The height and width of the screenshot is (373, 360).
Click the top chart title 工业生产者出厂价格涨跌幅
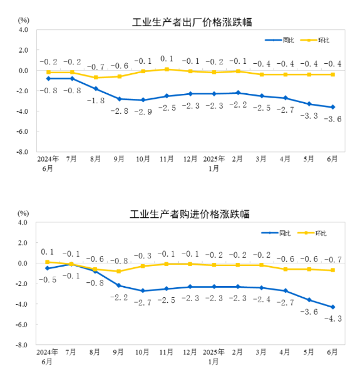[x=192, y=23]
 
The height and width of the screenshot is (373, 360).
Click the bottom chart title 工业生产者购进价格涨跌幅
[x=190, y=214]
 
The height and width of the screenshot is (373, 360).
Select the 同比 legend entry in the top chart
[x=279, y=40]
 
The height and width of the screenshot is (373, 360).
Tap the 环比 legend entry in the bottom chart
[x=312, y=233]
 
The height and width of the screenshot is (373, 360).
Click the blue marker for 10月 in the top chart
[x=143, y=100]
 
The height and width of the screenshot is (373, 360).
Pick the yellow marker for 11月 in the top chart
[x=167, y=69]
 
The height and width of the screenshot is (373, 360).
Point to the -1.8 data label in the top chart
[x=96, y=101]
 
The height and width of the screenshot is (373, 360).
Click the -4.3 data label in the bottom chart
[x=333, y=319]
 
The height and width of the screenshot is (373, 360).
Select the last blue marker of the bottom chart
[x=333, y=307]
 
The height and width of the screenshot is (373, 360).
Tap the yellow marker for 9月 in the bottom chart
[x=119, y=271]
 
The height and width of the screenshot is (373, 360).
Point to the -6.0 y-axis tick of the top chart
[x=22, y=131]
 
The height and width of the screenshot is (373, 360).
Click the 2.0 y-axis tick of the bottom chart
[x=23, y=243]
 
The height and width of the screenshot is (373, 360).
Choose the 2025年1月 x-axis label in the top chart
[x=213, y=163]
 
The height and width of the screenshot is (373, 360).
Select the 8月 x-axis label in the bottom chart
[x=95, y=352]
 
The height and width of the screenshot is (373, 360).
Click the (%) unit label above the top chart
[x=24, y=20]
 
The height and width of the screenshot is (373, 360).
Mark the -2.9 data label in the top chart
[x=143, y=111]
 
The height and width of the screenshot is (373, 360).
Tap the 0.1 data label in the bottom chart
[x=47, y=252]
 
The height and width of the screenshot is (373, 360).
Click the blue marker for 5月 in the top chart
[x=309, y=104]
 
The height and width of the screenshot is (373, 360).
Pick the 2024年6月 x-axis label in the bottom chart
[x=47, y=357]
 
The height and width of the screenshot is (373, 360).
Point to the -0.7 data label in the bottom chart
[x=333, y=259]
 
